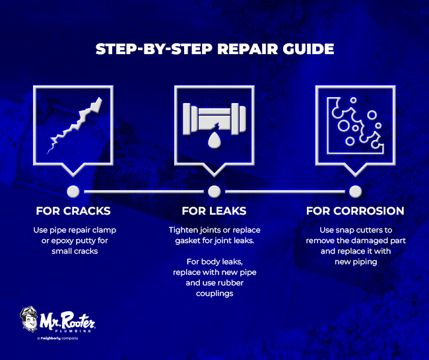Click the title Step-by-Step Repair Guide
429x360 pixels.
coord(214,50)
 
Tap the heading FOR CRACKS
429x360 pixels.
coord(73,211)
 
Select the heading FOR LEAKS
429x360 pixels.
coord(214,211)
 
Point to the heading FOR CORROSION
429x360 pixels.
coord(355,211)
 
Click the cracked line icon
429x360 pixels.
coord(73,126)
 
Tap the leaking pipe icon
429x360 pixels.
coord(214,122)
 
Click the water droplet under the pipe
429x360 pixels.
coord(214,141)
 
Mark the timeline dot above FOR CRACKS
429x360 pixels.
coord(73,192)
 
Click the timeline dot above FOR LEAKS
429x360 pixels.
coord(214,192)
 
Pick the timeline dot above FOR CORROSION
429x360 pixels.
coord(355,192)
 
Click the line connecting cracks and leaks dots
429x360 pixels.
coord(143,192)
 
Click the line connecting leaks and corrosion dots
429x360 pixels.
coord(284,192)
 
